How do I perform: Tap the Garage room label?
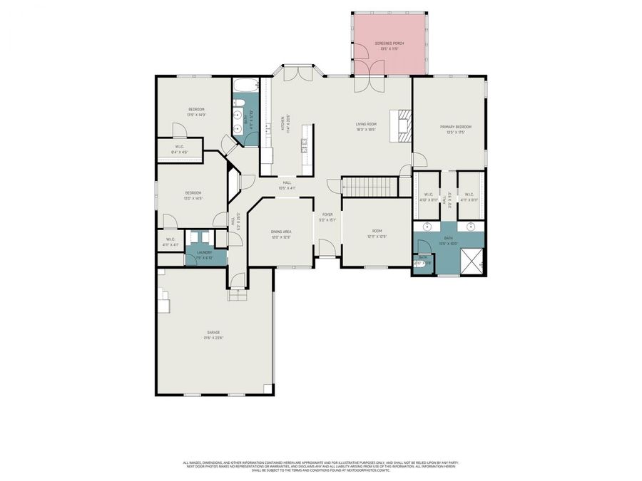click(x=214, y=335)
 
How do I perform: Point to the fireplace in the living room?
click(x=404, y=122)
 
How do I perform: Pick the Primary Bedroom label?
click(x=455, y=129)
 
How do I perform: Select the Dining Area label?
click(x=280, y=234)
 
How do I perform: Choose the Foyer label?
click(x=327, y=217)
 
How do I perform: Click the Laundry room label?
click(x=194, y=254)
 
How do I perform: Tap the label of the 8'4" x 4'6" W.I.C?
click(x=180, y=149)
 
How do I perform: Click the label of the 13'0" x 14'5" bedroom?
click(x=194, y=195)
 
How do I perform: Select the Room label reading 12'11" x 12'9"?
click(x=377, y=234)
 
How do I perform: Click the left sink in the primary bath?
click(x=427, y=227)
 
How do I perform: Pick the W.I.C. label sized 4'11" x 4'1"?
click(x=170, y=242)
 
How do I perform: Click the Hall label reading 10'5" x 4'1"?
click(x=287, y=185)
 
